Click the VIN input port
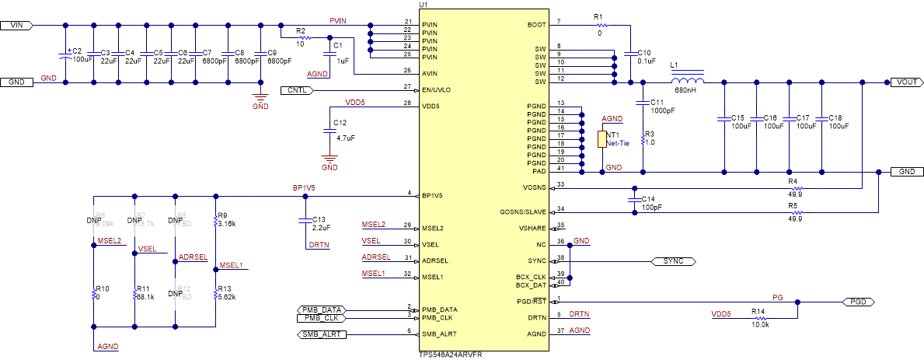point(16,26)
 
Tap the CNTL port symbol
point(296,90)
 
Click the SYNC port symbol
point(668,260)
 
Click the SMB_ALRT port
point(319,334)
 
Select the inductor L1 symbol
point(688,80)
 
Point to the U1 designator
point(424,5)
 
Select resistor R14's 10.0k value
point(760,324)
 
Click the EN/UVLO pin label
point(436,90)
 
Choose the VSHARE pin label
point(532,228)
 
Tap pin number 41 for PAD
point(560,167)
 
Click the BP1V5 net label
point(303,188)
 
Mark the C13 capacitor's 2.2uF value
point(321,228)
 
